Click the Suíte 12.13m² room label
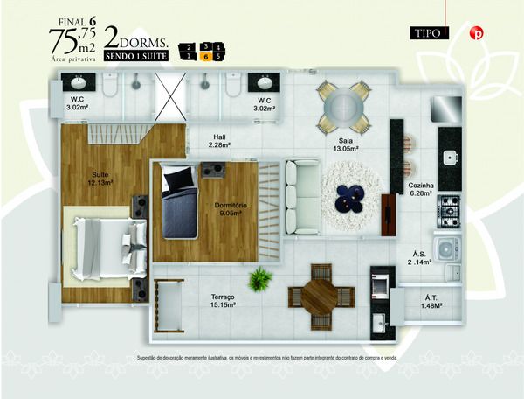100,178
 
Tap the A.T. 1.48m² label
431,302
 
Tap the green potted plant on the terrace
259,280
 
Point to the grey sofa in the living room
303,197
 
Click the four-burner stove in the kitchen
449,207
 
